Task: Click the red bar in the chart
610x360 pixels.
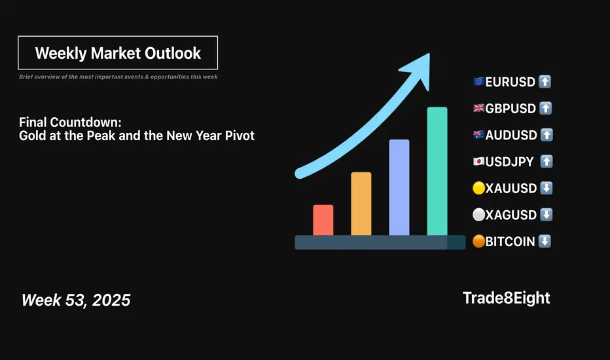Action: point(323,220)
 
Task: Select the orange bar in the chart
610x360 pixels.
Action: point(361,204)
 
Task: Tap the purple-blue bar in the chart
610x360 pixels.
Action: point(399,187)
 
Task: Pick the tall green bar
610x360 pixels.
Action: point(437,171)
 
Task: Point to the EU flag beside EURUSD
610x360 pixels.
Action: point(479,82)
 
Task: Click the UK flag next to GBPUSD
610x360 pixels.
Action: point(479,108)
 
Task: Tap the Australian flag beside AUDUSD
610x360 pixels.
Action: point(479,135)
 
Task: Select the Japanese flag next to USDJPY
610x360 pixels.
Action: point(479,161)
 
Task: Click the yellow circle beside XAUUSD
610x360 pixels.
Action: point(479,188)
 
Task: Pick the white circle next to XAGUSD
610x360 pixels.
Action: point(479,215)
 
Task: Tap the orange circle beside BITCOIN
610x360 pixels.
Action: point(479,242)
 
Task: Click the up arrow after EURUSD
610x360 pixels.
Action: point(545,82)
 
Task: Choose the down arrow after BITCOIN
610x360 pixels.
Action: point(545,242)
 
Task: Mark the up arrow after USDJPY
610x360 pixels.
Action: point(547,161)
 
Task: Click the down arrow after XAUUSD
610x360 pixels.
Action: point(547,188)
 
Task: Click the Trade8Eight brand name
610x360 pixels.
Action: point(506,298)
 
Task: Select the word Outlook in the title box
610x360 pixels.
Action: point(173,53)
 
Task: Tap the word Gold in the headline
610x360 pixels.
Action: point(32,135)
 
